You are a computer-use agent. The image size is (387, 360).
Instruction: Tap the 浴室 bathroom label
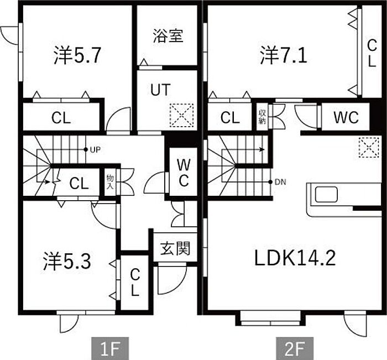[x=168, y=36]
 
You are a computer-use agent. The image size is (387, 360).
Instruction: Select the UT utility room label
[x=160, y=90]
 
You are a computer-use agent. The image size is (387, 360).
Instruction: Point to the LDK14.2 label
[x=295, y=258]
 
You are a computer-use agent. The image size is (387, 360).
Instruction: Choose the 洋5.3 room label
[x=66, y=262]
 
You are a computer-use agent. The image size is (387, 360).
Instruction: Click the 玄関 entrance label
[x=175, y=248]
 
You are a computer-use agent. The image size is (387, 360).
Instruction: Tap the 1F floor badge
[x=109, y=349]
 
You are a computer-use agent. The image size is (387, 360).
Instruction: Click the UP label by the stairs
[x=95, y=150]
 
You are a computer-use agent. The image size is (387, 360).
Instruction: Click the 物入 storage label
[x=110, y=182]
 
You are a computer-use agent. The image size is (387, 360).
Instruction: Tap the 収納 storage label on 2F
[x=262, y=117]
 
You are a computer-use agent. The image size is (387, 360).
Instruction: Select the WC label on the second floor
[x=346, y=117]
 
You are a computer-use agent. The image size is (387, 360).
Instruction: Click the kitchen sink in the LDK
[x=326, y=195]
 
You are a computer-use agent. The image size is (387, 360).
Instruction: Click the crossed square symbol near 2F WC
[x=366, y=147]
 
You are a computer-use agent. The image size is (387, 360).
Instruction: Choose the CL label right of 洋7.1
[x=372, y=53]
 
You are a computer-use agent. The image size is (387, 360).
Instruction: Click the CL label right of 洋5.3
[x=135, y=282]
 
